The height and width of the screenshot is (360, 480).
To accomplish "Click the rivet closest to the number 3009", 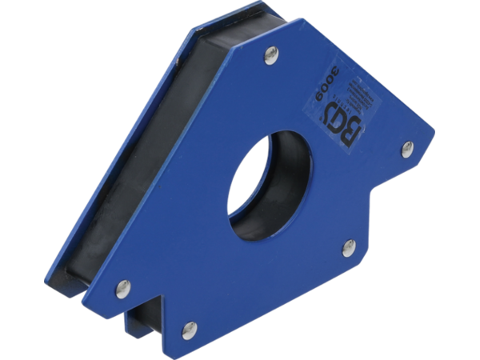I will pos(271,55).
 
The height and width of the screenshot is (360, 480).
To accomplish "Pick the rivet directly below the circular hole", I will pos(348,247).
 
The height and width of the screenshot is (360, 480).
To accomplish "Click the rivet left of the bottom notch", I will pos(121,286).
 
